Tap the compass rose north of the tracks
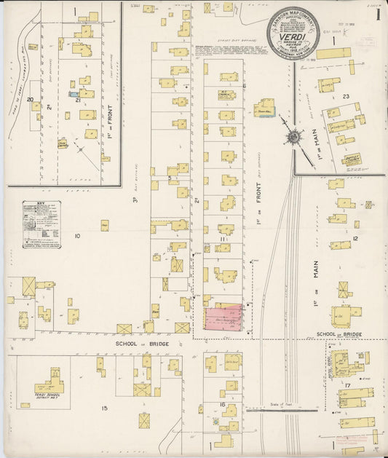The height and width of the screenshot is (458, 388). click(293, 136)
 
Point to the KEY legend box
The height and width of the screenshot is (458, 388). click(41, 224)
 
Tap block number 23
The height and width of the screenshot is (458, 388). click(347, 96)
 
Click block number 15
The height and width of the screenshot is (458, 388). click(104, 408)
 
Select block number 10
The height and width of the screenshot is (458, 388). click(77, 236)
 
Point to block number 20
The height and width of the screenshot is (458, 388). click(31, 100)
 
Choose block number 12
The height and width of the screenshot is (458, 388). click(355, 238)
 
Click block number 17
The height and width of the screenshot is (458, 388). click(349, 384)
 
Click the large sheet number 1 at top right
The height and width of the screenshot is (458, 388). click(373, 13)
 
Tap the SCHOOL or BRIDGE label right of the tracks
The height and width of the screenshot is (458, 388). click(339, 335)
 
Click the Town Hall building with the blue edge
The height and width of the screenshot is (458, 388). click(264, 108)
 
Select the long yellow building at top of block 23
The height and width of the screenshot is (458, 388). click(333, 53)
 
